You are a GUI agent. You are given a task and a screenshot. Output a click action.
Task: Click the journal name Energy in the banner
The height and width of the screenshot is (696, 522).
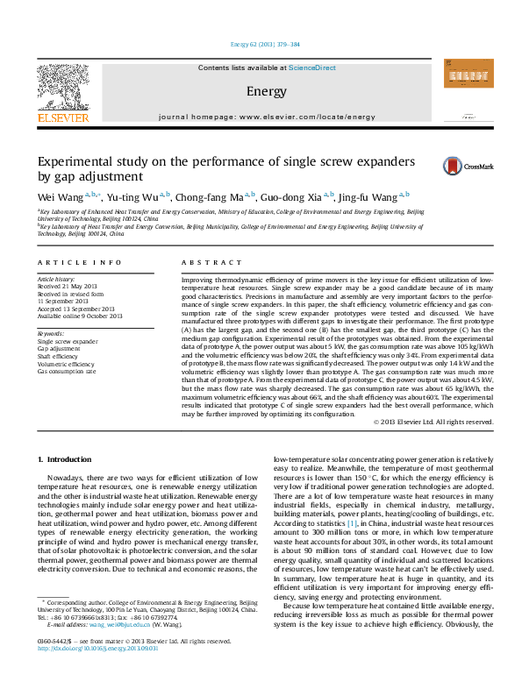[261, 91]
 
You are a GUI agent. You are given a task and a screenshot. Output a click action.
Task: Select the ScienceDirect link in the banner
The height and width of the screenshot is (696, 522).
[312, 67]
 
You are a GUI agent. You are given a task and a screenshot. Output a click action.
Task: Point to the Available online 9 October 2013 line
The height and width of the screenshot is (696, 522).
[80, 316]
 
